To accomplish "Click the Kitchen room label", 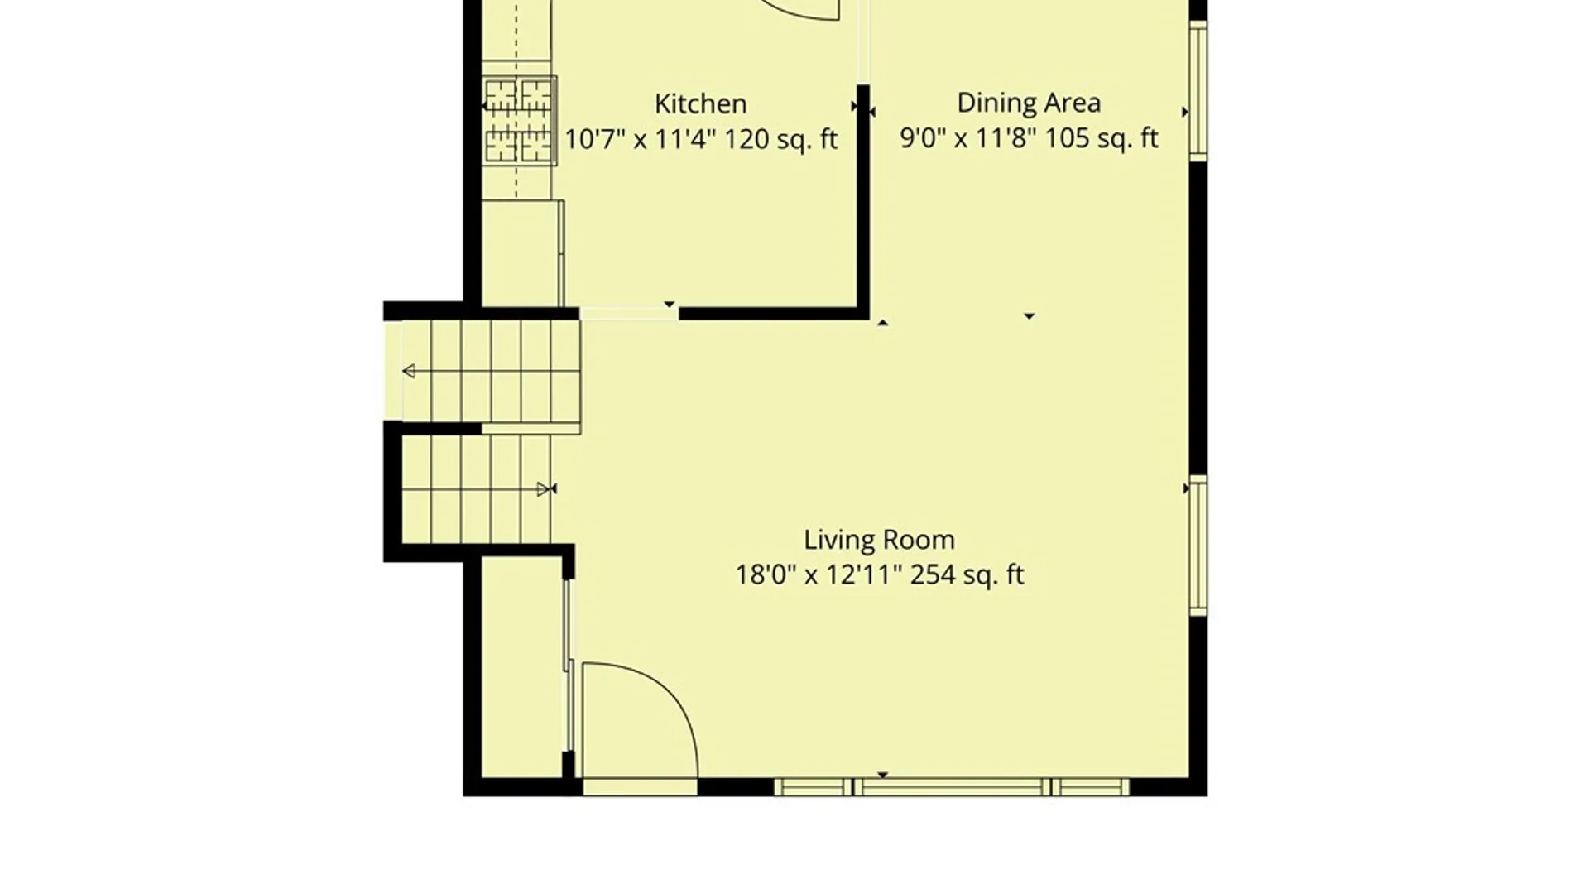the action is click(700, 104).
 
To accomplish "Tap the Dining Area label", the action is click(1029, 103).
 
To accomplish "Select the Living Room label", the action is click(879, 541).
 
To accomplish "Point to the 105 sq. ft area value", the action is click(1101, 138).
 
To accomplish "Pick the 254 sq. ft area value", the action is click(967, 575).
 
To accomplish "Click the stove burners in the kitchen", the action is click(519, 121).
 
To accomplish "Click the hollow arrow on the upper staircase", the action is click(409, 371).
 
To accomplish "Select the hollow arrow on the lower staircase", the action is click(543, 489).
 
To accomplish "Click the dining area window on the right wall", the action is click(1198, 90).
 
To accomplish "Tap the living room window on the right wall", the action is click(1198, 546).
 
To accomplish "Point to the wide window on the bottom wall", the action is click(952, 787).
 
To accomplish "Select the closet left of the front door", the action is click(523, 667).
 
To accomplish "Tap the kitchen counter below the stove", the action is click(521, 252).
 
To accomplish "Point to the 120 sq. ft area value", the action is click(781, 139).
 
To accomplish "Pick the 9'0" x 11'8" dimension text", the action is click(968, 138).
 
